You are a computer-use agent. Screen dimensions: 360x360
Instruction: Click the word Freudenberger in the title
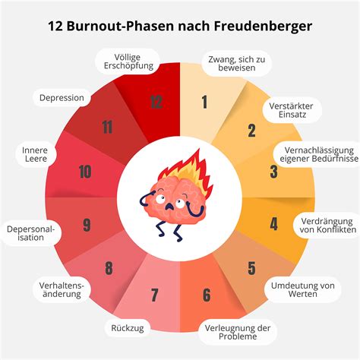point(263,26)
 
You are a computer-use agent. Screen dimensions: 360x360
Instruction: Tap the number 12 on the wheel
point(156,103)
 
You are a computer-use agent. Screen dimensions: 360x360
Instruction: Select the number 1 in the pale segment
point(204,103)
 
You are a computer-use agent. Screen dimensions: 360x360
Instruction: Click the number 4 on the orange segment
point(273,224)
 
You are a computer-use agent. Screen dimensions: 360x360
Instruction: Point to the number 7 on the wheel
point(154,295)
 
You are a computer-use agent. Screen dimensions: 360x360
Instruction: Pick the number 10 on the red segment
point(85,172)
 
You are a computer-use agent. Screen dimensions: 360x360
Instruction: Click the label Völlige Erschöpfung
point(128,62)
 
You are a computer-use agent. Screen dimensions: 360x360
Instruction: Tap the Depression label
point(62,98)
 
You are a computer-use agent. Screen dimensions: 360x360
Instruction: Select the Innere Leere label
point(35,154)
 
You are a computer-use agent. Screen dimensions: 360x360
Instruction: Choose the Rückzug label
point(128,328)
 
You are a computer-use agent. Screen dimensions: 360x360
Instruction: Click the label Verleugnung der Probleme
point(238,332)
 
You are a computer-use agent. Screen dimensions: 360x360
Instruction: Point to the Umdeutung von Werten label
point(303,289)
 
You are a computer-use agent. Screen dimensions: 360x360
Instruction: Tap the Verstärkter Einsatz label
point(291,110)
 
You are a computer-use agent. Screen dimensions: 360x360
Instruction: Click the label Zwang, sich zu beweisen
point(237,64)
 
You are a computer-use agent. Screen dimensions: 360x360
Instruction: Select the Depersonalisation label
point(30,233)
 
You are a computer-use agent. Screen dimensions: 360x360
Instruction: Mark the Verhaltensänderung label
point(62,289)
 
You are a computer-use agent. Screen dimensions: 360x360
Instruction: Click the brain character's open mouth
point(169,207)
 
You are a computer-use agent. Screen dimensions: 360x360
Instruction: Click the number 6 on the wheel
point(207,295)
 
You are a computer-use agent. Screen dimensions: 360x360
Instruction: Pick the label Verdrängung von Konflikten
point(328,226)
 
